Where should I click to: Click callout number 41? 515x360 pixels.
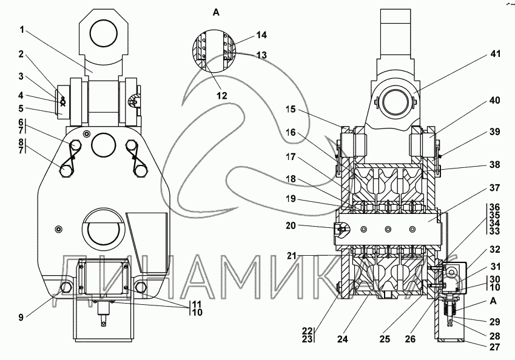click(495, 53)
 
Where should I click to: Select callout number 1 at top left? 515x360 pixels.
click(22, 30)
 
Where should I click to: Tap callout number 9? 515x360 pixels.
click(21, 318)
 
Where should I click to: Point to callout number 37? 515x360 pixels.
click(494, 188)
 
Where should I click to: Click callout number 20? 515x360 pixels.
click(291, 226)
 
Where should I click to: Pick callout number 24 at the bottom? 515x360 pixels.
click(342, 339)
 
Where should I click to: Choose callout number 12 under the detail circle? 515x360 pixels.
click(222, 96)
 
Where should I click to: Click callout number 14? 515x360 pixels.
click(261, 35)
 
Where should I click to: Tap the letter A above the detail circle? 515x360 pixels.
click(216, 13)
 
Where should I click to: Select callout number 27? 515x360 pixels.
click(494, 347)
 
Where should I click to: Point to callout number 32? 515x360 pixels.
click(494, 250)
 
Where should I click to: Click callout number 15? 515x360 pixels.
click(291, 109)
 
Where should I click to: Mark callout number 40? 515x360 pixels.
click(494, 100)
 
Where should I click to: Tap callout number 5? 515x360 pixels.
click(21, 108)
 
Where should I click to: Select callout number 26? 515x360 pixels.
click(410, 339)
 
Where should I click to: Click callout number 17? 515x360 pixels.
click(291, 157)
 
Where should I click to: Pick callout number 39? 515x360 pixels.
click(494, 132)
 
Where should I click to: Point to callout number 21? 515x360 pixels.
click(292, 256)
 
